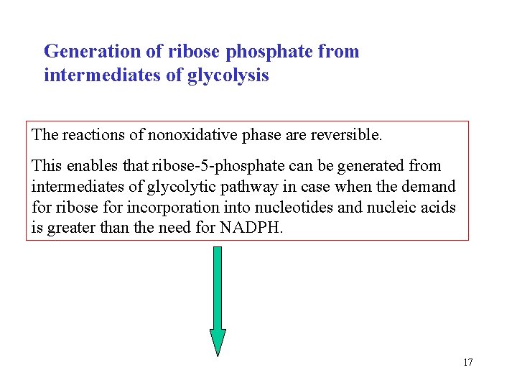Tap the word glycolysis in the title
point(228,75)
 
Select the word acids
point(439,208)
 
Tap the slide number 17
point(467,362)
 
